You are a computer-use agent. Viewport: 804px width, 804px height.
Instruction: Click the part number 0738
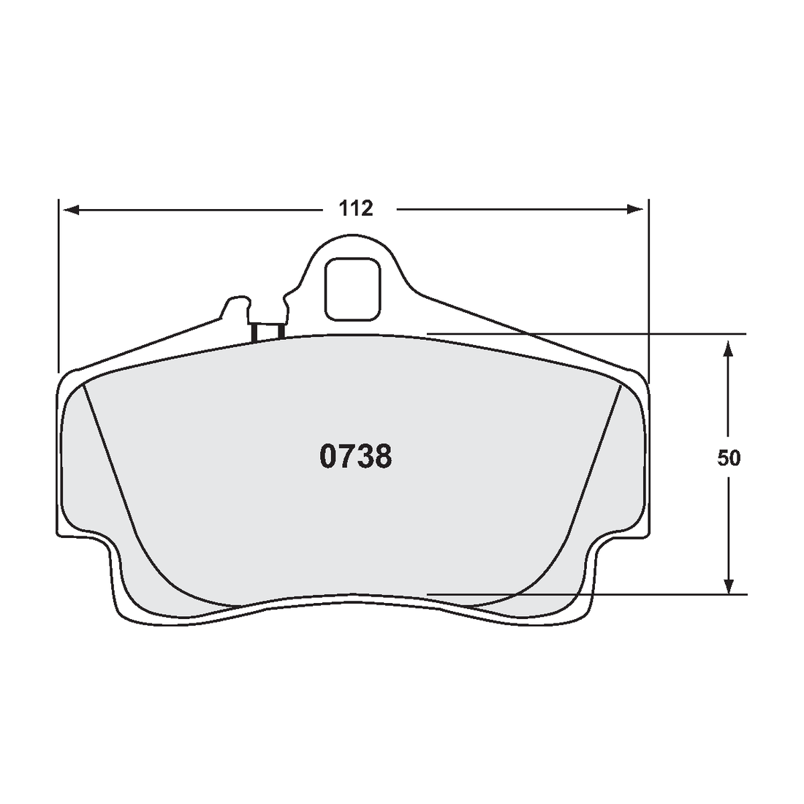point(355,457)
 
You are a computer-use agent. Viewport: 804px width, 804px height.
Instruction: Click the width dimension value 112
point(356,209)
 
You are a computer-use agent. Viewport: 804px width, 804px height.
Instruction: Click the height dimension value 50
point(728,458)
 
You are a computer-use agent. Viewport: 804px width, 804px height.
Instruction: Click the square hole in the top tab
point(353,289)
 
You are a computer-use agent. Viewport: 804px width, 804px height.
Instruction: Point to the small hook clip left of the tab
point(235,305)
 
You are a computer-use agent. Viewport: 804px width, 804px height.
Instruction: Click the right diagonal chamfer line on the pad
point(596,460)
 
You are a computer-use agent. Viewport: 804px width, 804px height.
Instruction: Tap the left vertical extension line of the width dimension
point(58,285)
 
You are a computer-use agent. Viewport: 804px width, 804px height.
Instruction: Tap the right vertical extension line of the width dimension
point(648,285)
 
